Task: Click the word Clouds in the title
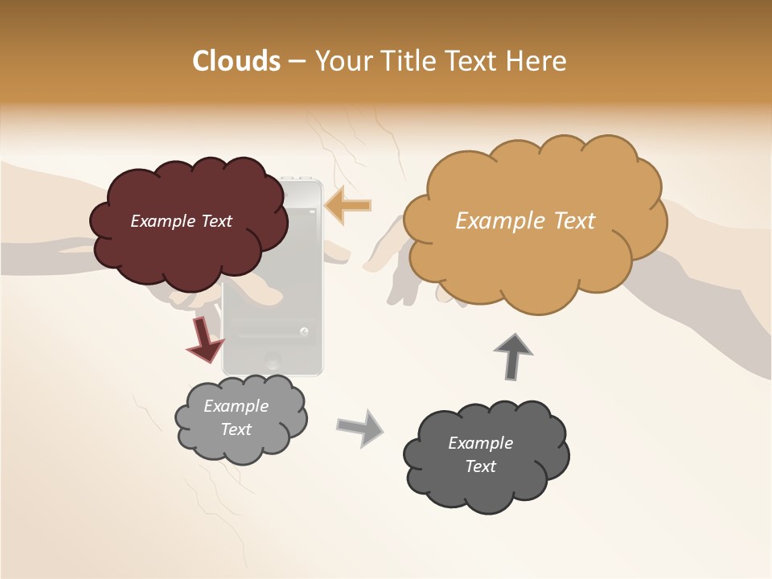pos(236,61)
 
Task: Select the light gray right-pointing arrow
pos(360,427)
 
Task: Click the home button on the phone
pos(273,360)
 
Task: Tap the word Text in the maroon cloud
pos(215,221)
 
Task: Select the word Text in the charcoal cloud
pos(480,466)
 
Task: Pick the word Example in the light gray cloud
pos(236,406)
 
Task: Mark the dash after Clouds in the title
pos(296,61)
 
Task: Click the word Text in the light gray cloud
pos(236,429)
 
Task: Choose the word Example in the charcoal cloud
pos(480,443)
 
